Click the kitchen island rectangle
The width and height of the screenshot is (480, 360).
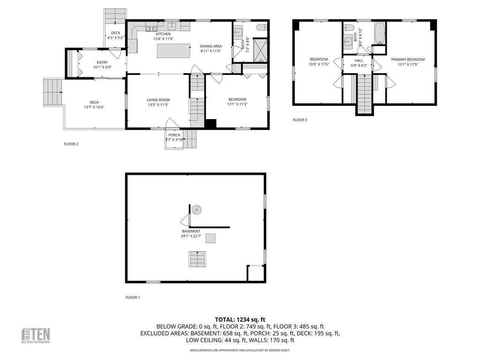tap(173, 51)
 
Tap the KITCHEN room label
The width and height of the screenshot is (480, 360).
tap(163, 34)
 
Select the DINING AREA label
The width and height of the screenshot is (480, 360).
tap(210, 46)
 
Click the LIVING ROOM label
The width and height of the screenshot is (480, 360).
tap(158, 100)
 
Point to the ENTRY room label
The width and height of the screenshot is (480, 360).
tap(102, 62)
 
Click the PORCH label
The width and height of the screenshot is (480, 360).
tap(174, 135)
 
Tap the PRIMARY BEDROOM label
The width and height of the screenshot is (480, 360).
tap(408, 60)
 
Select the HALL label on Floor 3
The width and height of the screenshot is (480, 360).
tap(359, 60)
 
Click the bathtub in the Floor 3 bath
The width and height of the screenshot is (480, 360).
tap(379, 33)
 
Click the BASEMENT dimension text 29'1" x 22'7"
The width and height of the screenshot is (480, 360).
tap(191, 236)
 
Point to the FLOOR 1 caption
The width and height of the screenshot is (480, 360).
tap(133, 297)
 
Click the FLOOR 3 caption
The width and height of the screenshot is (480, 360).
tap(300, 120)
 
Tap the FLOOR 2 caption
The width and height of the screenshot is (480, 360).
tap(71, 144)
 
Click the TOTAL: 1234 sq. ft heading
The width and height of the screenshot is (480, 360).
tap(240, 320)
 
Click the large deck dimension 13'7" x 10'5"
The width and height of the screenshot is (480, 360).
tap(94, 107)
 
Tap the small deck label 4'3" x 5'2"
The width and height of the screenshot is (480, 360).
tap(115, 37)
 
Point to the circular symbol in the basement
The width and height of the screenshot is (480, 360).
tap(197, 210)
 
